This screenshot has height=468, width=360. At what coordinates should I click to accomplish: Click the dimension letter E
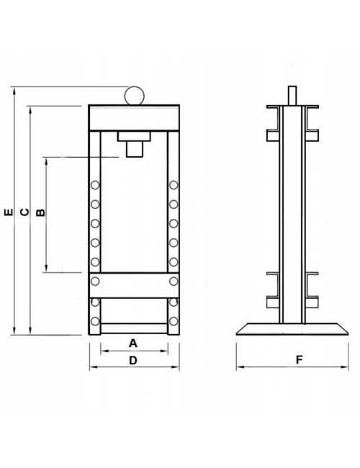tap(8, 212)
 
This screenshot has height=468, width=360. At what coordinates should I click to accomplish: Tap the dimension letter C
tap(24, 212)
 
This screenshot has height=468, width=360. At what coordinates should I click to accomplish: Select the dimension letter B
tap(40, 212)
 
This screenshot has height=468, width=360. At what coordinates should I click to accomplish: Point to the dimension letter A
tap(133, 343)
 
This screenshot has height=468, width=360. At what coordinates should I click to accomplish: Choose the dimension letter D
tap(133, 360)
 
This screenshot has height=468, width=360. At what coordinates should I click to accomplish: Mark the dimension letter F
tap(297, 360)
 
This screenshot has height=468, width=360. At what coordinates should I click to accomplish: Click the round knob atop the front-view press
tap(135, 95)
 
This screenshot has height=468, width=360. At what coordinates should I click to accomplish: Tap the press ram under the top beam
tap(133, 148)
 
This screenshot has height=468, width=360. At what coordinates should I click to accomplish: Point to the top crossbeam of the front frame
tap(133, 117)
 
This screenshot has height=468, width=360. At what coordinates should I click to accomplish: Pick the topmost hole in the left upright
tap(94, 186)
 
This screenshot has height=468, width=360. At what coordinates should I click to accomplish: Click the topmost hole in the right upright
tap(174, 186)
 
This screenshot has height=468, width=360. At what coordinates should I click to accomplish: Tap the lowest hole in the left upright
tap(94, 320)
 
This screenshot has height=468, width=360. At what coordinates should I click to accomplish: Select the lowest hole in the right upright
tap(174, 320)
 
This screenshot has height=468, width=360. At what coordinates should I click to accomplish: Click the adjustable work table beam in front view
tap(133, 282)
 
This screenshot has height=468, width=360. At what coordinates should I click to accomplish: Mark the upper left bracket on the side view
tap(272, 135)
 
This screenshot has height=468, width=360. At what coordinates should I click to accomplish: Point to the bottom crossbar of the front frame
tap(133, 328)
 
